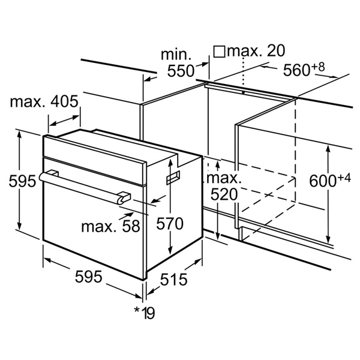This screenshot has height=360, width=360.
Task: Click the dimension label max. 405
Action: pos(44,101)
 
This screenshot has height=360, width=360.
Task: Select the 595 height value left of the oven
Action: pos(23,181)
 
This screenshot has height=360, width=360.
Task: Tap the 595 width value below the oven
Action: pos(89,277)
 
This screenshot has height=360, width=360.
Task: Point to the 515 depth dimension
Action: pos(173,280)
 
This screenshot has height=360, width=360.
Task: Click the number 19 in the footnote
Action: pos(149,313)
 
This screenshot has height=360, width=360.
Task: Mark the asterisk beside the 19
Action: pos(137,310)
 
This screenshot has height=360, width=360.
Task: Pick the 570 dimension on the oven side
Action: pos(170,224)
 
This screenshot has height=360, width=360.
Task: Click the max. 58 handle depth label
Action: pos(110,226)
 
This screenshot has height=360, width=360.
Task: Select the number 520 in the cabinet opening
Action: pos(224,194)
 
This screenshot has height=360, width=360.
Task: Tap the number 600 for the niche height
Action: pos(323,181)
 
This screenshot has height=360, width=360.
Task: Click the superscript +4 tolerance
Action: pos(344,178)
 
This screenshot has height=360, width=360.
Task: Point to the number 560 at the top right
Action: pos(296,70)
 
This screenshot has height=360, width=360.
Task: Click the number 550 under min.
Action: pos(181,71)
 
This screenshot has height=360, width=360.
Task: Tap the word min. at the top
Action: pos(176,55)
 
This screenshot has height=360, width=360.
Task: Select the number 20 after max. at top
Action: pos(276,50)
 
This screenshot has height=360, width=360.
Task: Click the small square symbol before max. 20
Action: pos(219,52)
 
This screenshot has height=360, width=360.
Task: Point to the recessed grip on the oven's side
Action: pos(173,178)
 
